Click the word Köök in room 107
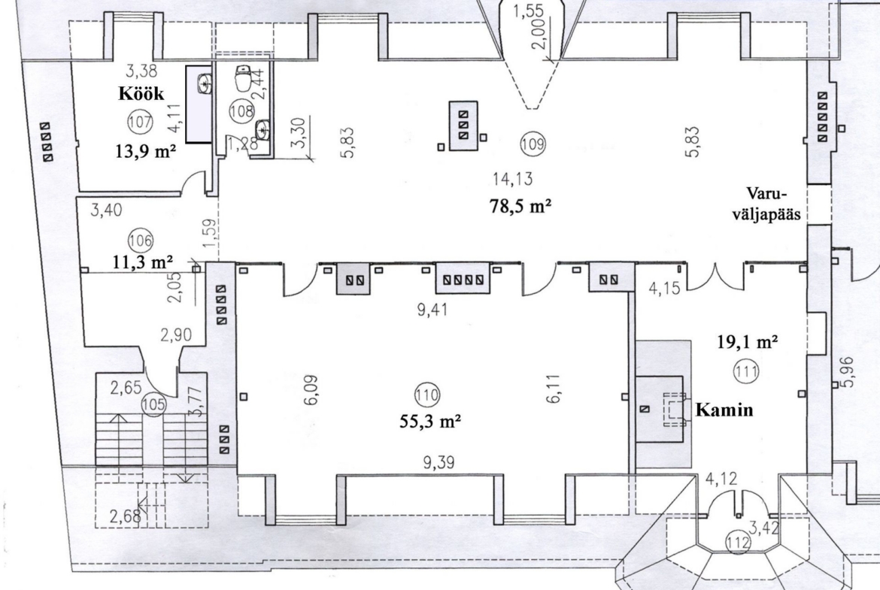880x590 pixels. tap(141, 93)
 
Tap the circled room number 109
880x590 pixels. tap(533, 144)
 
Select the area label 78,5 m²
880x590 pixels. tap(520, 206)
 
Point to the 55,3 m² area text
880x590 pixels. tap(430, 421)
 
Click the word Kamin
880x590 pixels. tap(724, 410)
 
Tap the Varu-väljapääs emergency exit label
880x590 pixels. tap(766, 204)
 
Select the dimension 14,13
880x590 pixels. tap(512, 179)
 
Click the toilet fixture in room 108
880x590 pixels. tap(243, 78)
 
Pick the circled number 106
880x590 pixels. tap(141, 241)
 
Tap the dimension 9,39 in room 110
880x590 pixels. tap(438, 463)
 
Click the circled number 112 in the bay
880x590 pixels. tap(737, 543)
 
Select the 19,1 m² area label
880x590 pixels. tap(748, 341)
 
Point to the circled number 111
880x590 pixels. tap(747, 371)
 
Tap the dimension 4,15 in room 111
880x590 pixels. tap(664, 289)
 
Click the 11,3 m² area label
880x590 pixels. tap(143, 262)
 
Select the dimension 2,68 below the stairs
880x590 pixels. tap(125, 516)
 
